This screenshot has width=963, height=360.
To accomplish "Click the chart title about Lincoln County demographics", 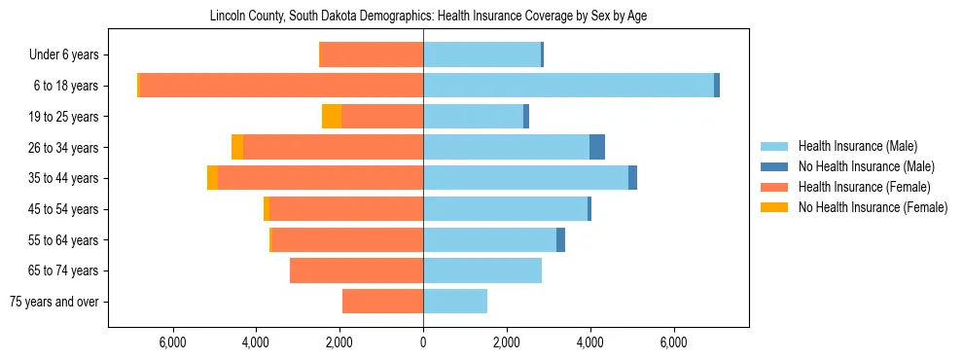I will [x=428, y=16].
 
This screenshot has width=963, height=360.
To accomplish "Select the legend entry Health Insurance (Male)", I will [x=857, y=146].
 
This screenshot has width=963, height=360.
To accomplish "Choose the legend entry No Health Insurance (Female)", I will [x=873, y=207].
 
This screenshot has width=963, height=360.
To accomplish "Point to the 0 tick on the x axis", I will [x=423, y=343].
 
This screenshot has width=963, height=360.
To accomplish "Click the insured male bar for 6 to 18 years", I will [x=568, y=86].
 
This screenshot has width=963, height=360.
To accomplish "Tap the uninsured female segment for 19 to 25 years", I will [x=332, y=117].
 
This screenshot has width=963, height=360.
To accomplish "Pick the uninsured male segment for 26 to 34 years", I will [x=597, y=147].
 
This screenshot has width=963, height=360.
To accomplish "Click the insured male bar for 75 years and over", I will [x=455, y=302].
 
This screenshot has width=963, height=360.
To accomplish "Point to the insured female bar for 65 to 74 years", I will [x=356, y=270].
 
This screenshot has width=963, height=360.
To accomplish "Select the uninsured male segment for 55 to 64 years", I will [x=560, y=239].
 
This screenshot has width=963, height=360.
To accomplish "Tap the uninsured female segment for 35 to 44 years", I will [x=212, y=178].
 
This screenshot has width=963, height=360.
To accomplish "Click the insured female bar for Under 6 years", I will [x=371, y=54].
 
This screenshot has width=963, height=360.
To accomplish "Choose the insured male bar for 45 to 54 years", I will [x=505, y=209].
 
